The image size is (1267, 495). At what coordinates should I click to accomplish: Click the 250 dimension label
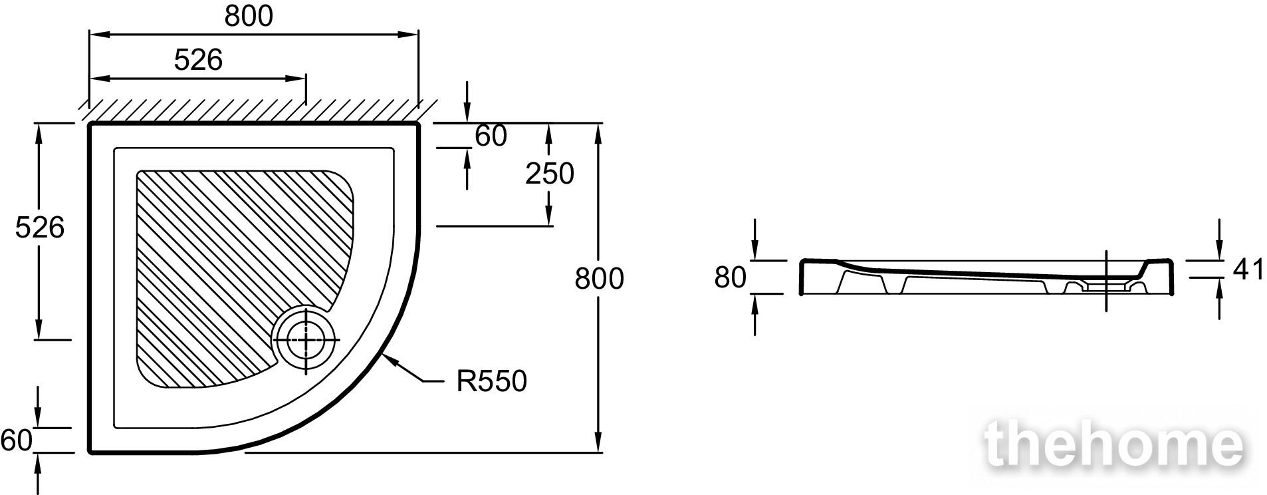click(x=549, y=174)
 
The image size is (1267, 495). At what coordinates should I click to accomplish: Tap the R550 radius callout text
click(x=491, y=381)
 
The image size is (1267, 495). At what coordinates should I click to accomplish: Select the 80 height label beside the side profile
click(x=731, y=277)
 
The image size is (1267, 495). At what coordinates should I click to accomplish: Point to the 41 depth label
click(x=1248, y=269)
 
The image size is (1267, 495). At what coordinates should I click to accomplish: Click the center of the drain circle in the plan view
click(x=306, y=339)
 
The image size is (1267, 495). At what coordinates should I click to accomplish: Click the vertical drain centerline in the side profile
click(x=1106, y=281)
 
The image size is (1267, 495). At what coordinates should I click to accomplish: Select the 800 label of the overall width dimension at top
click(x=249, y=16)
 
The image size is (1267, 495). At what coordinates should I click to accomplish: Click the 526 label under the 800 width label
click(x=198, y=60)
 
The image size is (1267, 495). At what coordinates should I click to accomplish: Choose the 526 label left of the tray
click(x=40, y=228)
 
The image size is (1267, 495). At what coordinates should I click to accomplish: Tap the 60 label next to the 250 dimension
click(x=491, y=136)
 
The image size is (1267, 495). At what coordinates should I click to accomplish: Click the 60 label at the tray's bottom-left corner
click(x=17, y=440)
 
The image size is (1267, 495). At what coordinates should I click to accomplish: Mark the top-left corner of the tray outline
click(x=90, y=124)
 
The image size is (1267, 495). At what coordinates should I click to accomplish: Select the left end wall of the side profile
click(x=801, y=277)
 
